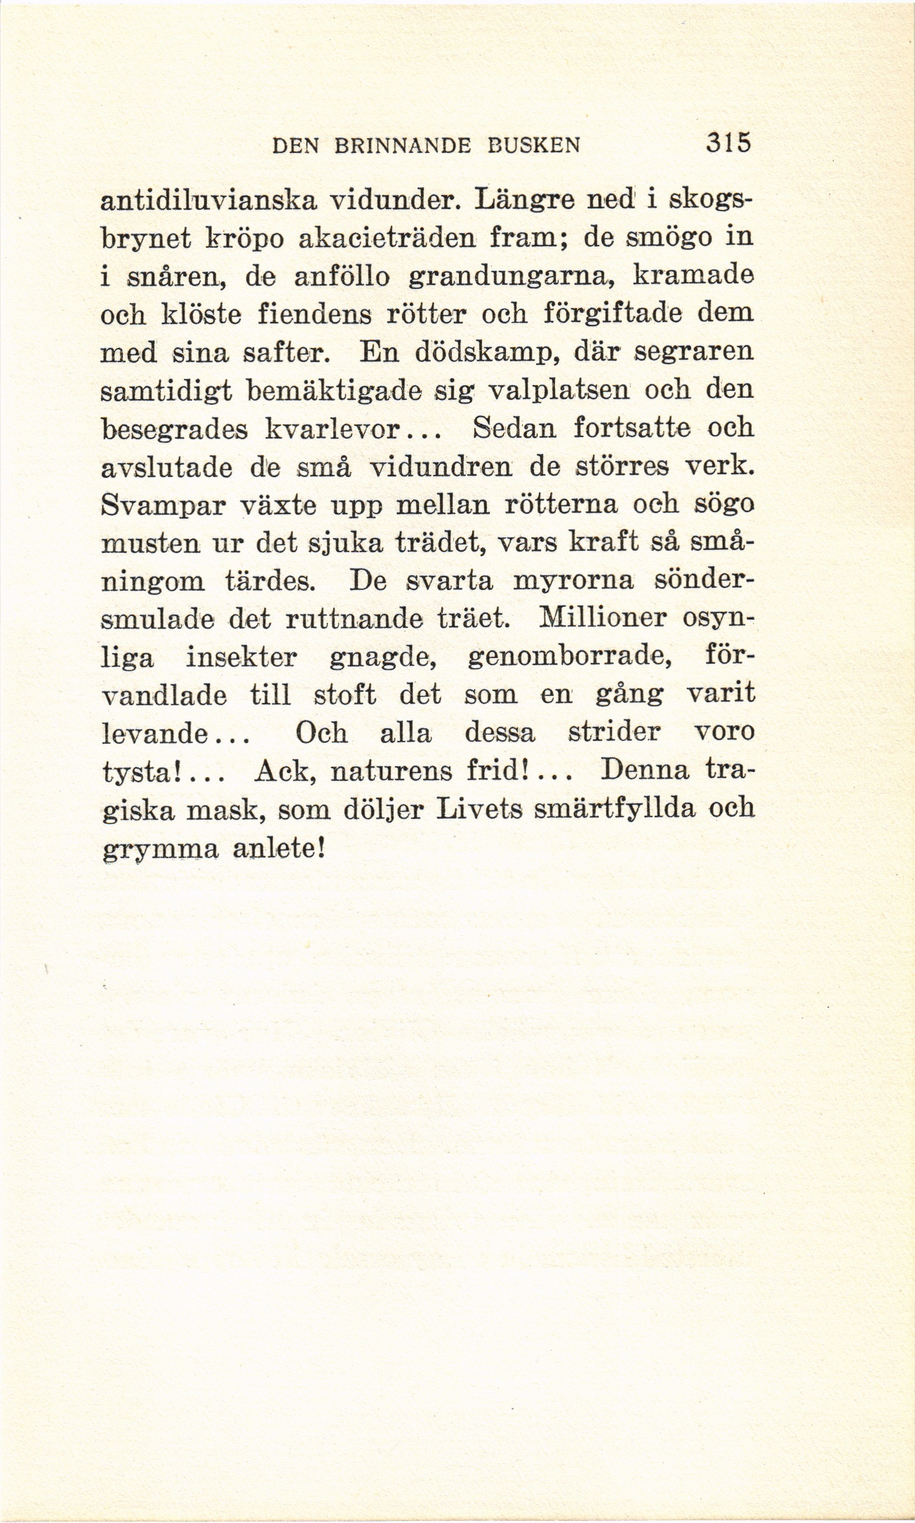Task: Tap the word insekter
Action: tap(242, 657)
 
